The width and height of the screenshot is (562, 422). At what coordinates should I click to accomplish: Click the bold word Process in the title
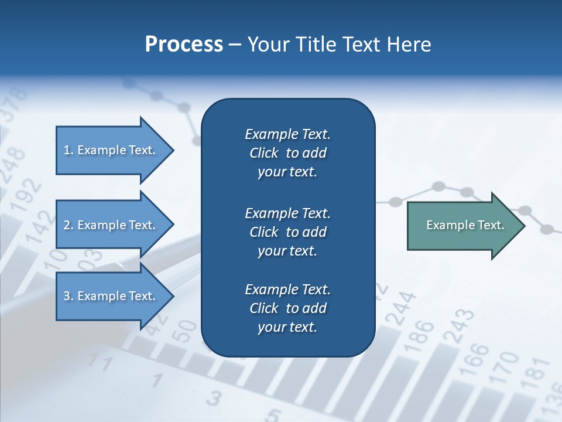tap(184, 45)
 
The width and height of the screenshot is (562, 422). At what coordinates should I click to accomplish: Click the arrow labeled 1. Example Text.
tap(111, 150)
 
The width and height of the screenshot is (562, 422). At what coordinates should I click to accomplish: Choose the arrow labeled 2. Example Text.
tap(111, 225)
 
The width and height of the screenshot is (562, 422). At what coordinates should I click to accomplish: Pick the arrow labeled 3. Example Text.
tap(111, 296)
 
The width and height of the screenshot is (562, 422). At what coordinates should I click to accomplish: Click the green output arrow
tap(462, 225)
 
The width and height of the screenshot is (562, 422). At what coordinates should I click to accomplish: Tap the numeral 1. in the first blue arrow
tap(68, 150)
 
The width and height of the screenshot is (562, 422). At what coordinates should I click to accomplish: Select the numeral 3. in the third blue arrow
tap(68, 296)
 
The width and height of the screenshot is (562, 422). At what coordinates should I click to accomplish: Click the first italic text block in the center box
tap(287, 153)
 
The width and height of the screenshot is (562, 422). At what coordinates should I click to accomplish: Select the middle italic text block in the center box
tap(287, 232)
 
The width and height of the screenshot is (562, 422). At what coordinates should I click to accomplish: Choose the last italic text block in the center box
tap(287, 308)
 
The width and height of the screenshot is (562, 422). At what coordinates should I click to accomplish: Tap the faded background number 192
tap(29, 196)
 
